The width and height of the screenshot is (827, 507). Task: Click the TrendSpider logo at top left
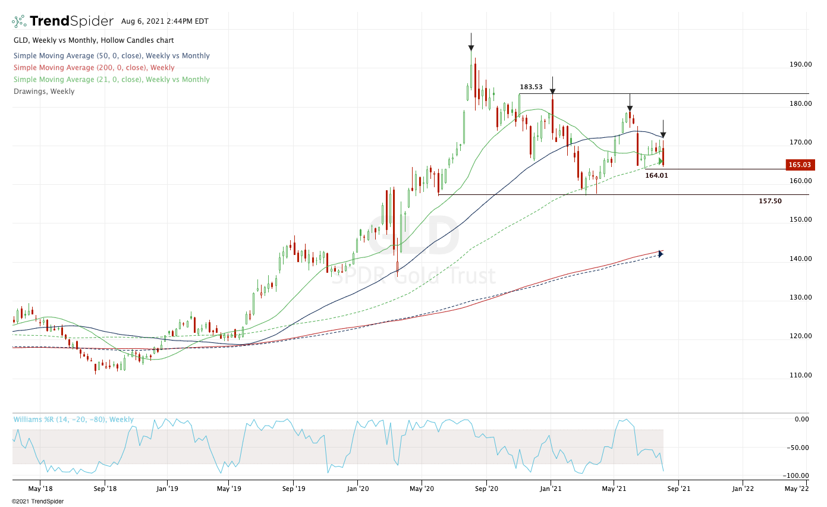pos(62,21)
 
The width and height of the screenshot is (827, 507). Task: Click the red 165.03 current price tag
pos(798,165)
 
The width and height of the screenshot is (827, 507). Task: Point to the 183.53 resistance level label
pos(531,87)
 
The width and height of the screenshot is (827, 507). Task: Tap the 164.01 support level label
pos(656,175)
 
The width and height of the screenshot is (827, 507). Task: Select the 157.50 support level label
pos(770,201)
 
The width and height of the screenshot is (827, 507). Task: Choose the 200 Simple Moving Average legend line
pos(94,68)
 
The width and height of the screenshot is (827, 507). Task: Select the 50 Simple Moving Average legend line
pos(111,56)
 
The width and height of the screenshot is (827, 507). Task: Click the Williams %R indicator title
pos(74,420)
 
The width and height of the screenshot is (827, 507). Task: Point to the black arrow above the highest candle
pos(471,47)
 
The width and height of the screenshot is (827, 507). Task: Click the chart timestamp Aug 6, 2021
pos(165,21)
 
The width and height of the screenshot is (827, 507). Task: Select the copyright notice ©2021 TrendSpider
pos(37,501)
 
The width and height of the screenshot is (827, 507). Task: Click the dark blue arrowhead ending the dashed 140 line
pos(661,254)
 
